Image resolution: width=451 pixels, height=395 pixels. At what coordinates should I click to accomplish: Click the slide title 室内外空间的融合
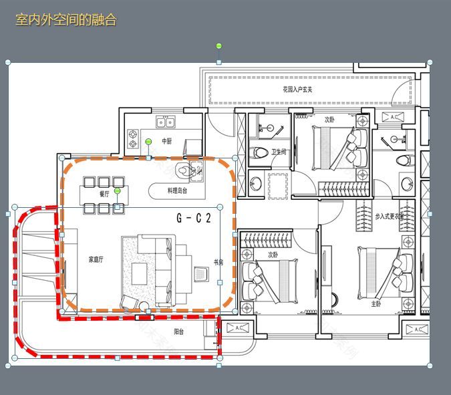66,20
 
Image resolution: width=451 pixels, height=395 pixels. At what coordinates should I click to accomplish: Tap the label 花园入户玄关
297,89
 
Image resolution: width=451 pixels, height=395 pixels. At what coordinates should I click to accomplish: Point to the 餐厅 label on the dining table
104,194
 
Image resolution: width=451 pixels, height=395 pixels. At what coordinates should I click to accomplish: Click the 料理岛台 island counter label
177,191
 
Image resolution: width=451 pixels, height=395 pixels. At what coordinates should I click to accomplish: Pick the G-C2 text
194,218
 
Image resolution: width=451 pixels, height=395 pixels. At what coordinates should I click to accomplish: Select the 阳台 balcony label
179,332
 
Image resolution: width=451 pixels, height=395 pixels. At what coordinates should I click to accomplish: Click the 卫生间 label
279,152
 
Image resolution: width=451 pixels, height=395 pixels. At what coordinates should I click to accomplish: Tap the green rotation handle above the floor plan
218,46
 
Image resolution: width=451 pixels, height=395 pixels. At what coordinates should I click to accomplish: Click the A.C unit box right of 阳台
237,328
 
